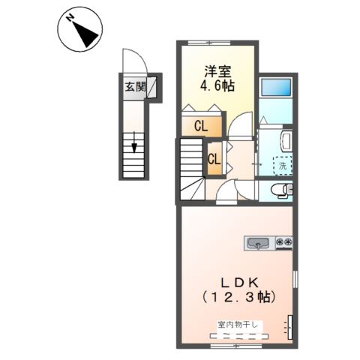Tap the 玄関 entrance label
tap(135, 87)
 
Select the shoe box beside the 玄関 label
tap(152, 87)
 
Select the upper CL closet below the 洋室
tap(201, 126)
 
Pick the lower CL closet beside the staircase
tap(214, 159)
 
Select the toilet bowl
tap(279, 189)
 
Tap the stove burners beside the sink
tap(284, 242)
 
